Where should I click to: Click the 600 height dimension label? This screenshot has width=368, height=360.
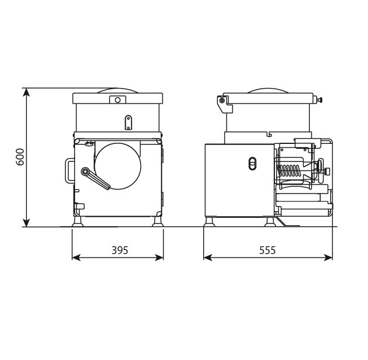20,157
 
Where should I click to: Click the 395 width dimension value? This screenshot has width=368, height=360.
120,251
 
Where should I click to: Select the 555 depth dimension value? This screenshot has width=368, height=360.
268,251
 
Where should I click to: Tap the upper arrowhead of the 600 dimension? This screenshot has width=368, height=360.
27,92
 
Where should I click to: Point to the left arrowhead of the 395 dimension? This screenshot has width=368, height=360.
76,257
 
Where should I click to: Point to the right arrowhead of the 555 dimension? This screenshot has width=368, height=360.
328,257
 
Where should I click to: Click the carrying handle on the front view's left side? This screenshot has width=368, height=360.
67,171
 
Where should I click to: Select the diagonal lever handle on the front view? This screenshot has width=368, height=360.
95,178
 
